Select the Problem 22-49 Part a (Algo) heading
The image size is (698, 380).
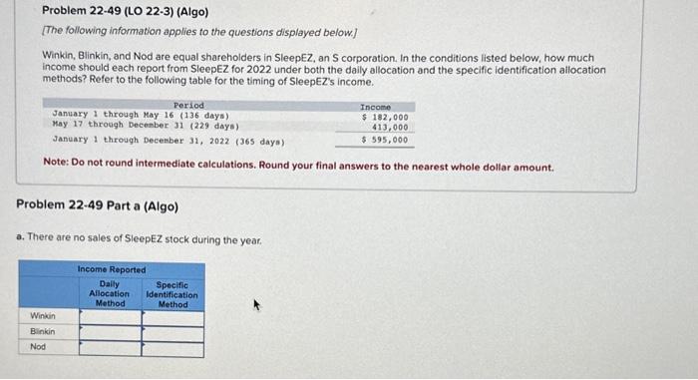97,206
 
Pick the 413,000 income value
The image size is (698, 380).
390,128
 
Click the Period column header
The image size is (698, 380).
187,106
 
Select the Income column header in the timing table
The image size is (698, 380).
376,106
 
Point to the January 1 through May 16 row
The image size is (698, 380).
120,117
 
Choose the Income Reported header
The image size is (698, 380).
112,269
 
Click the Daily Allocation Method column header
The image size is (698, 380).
110,293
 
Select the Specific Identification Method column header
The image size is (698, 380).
172,293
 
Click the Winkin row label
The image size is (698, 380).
42,317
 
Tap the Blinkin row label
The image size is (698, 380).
42,332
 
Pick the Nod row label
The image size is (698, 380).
37,347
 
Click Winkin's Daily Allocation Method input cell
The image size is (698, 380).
110,318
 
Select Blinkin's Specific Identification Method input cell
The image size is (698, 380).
172,333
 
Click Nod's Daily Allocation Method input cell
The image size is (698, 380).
110,348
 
